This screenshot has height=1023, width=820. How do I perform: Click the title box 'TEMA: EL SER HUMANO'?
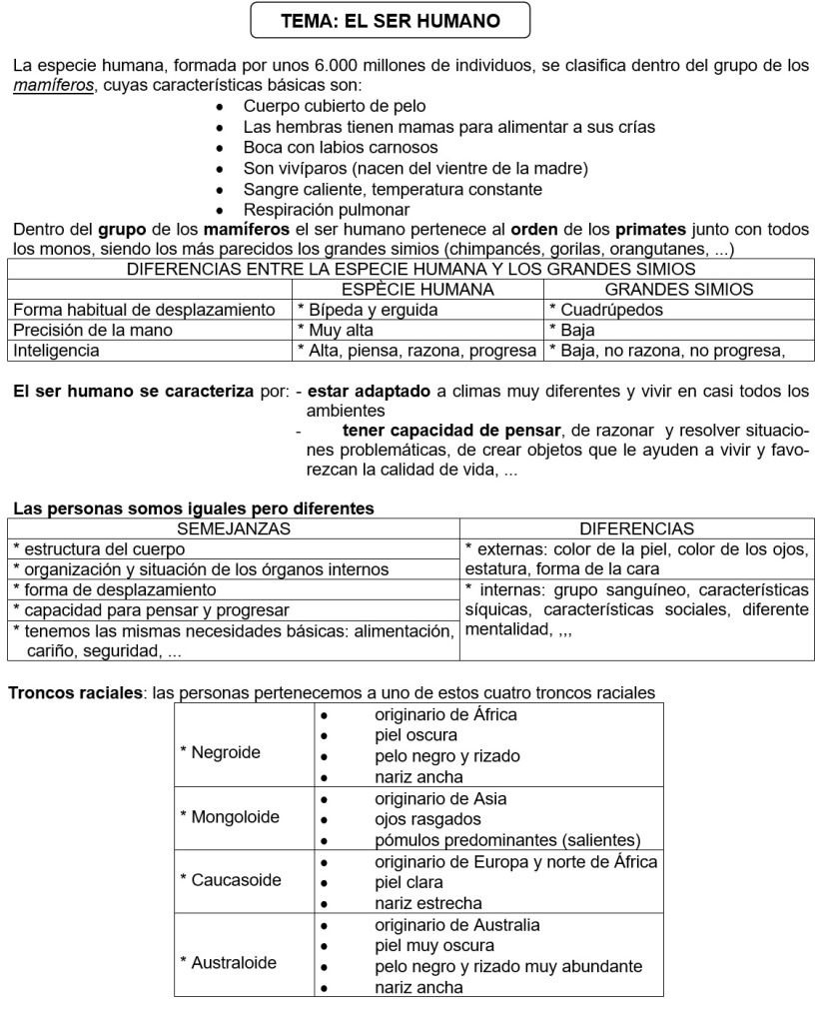pos(391,20)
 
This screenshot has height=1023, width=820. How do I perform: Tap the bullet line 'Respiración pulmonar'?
pos(326,210)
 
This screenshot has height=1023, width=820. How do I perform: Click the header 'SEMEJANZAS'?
pos(234,528)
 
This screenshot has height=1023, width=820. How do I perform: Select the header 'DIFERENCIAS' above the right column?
pos(637,528)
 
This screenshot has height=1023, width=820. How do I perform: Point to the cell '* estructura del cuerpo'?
pos(99,548)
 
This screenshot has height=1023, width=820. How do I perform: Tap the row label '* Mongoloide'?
pos(230,817)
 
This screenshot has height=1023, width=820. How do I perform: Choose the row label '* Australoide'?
pos(229,963)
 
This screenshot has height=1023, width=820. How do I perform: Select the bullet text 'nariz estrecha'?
pos(427,903)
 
